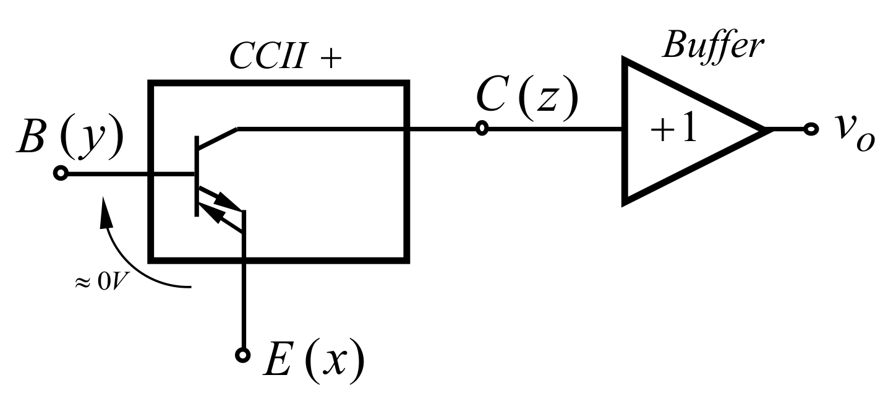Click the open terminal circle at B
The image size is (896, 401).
[x=60, y=174]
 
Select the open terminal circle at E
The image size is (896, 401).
[x=244, y=355]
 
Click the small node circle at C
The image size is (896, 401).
[x=482, y=129]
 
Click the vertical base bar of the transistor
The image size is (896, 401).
[x=197, y=176]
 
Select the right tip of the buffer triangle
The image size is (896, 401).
[x=766, y=130]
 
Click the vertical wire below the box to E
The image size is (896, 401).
[x=244, y=303]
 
